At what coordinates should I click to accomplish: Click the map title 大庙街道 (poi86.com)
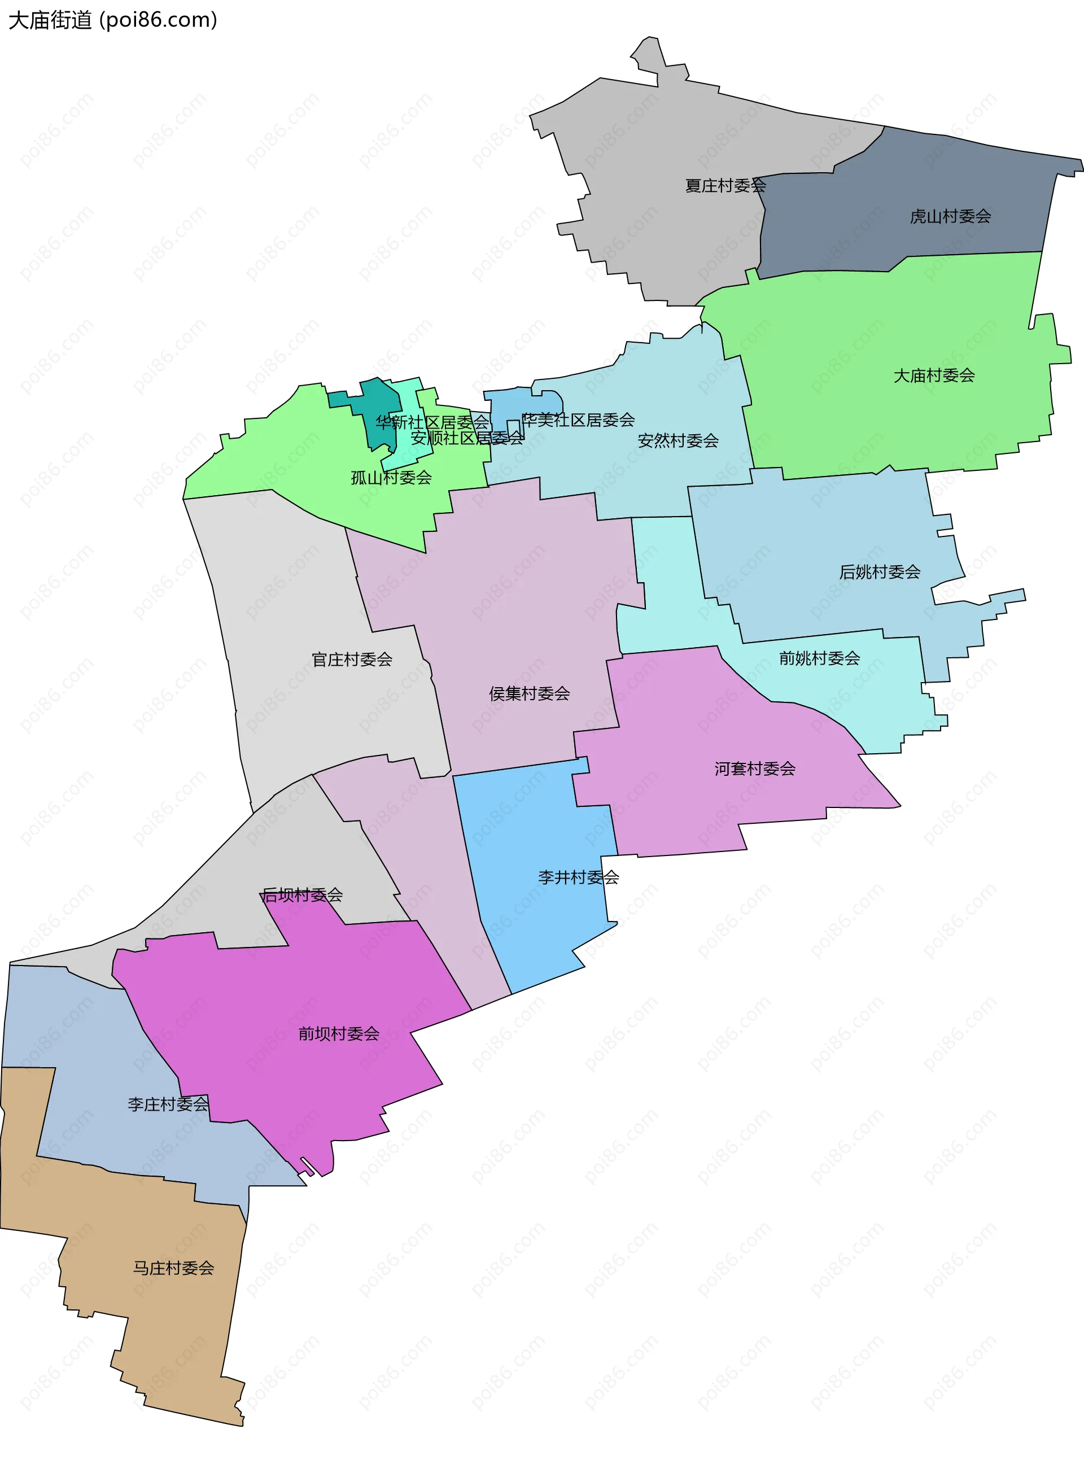click(112, 20)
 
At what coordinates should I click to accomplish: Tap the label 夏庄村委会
click(725, 186)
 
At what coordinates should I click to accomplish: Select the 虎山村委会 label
click(950, 216)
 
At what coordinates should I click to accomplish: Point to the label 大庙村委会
click(934, 376)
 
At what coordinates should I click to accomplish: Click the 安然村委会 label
click(678, 441)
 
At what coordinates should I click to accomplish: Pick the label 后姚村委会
click(879, 572)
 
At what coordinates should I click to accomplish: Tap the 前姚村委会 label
click(819, 658)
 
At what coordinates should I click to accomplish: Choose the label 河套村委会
click(755, 769)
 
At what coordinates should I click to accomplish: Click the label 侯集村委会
click(529, 693)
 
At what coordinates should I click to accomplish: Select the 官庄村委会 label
click(352, 660)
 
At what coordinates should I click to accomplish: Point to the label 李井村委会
click(578, 877)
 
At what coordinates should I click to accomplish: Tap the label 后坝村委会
click(302, 895)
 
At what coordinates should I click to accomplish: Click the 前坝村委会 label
click(339, 1034)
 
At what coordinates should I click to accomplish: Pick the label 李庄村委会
click(168, 1104)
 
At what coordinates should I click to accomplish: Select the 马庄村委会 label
click(173, 1268)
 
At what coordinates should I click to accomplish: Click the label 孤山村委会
click(391, 478)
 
